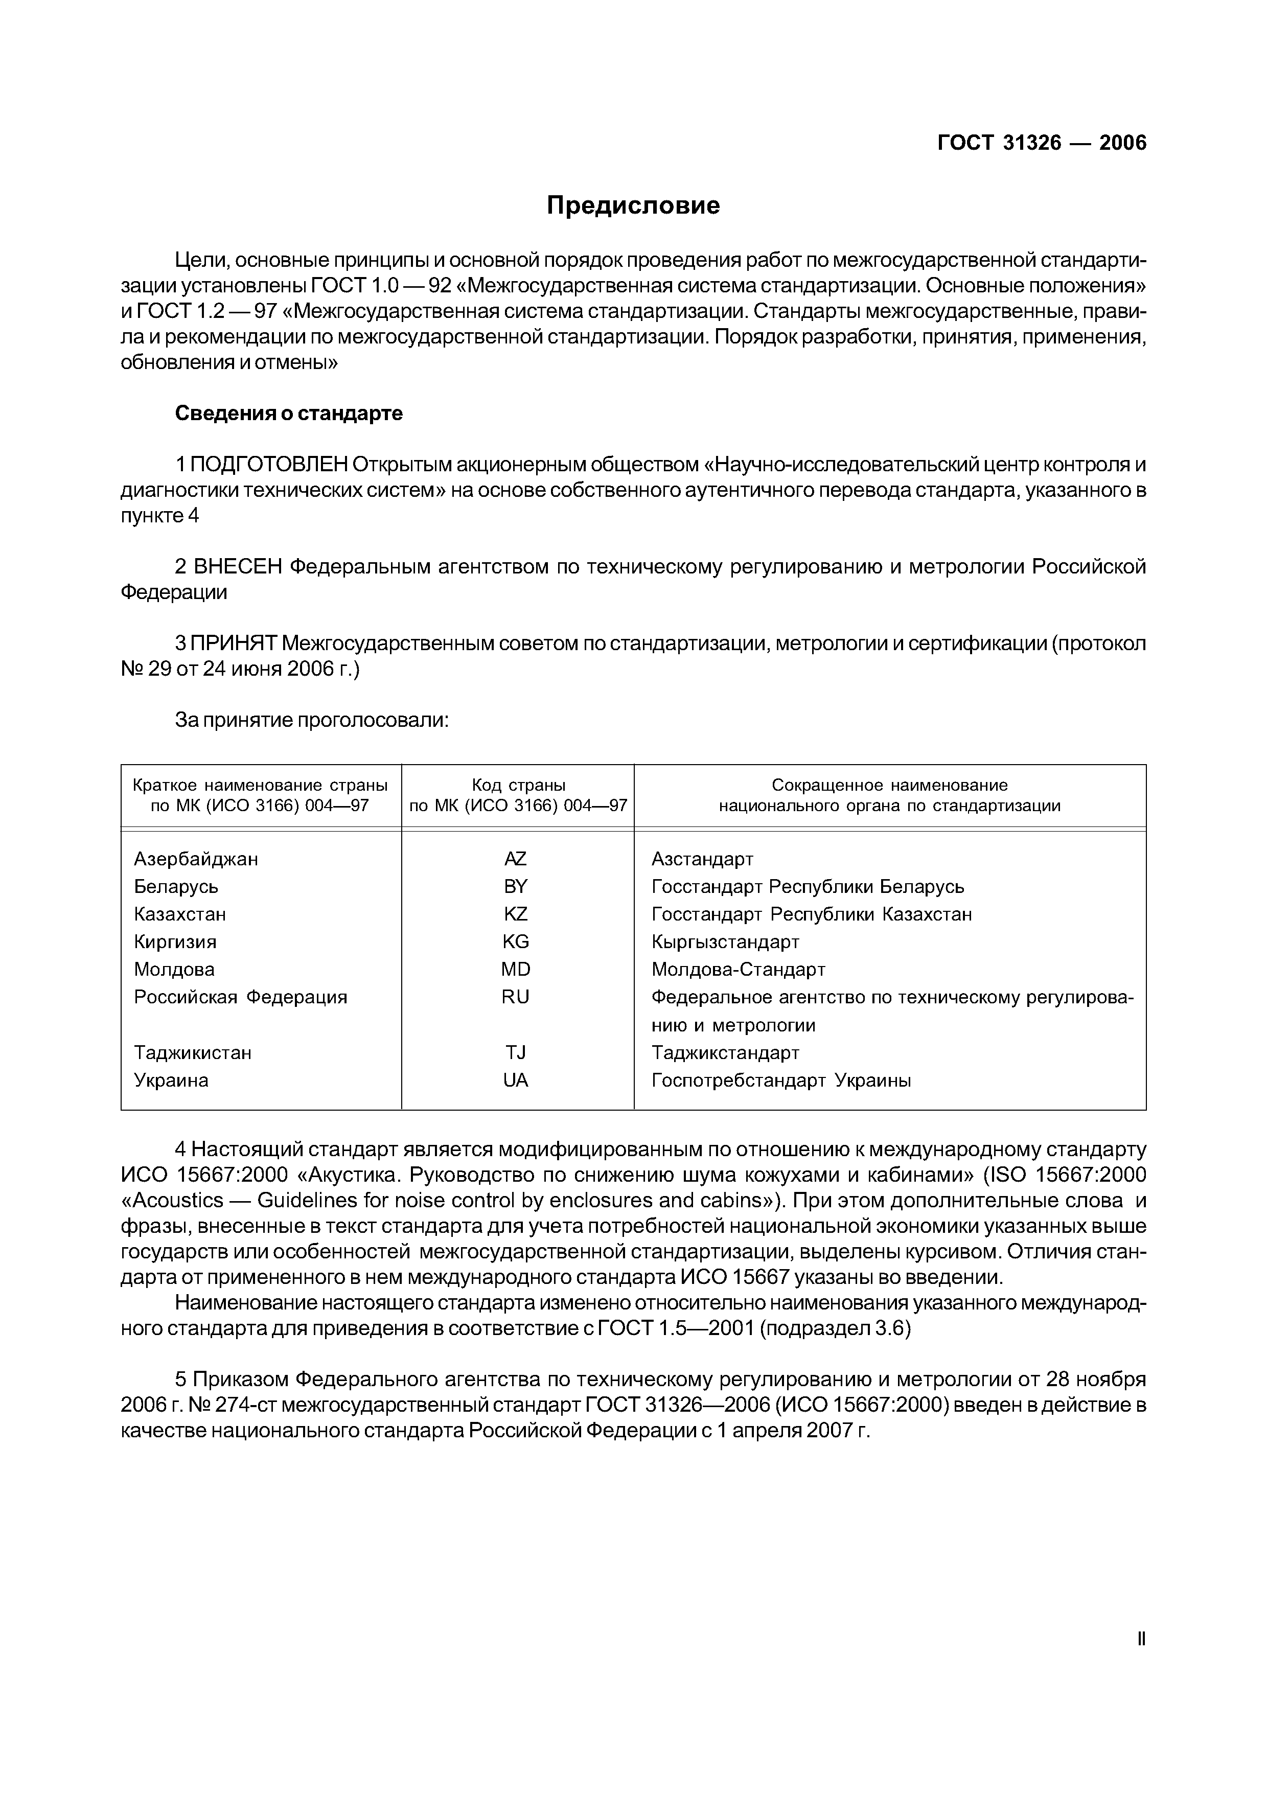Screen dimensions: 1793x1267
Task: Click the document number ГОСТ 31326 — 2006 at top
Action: click(1042, 143)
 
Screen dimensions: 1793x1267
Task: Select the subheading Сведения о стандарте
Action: click(288, 413)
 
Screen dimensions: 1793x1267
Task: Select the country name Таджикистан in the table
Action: click(193, 1053)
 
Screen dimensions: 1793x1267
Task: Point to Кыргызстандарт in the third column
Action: click(725, 942)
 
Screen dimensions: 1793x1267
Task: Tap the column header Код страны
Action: click(518, 785)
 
